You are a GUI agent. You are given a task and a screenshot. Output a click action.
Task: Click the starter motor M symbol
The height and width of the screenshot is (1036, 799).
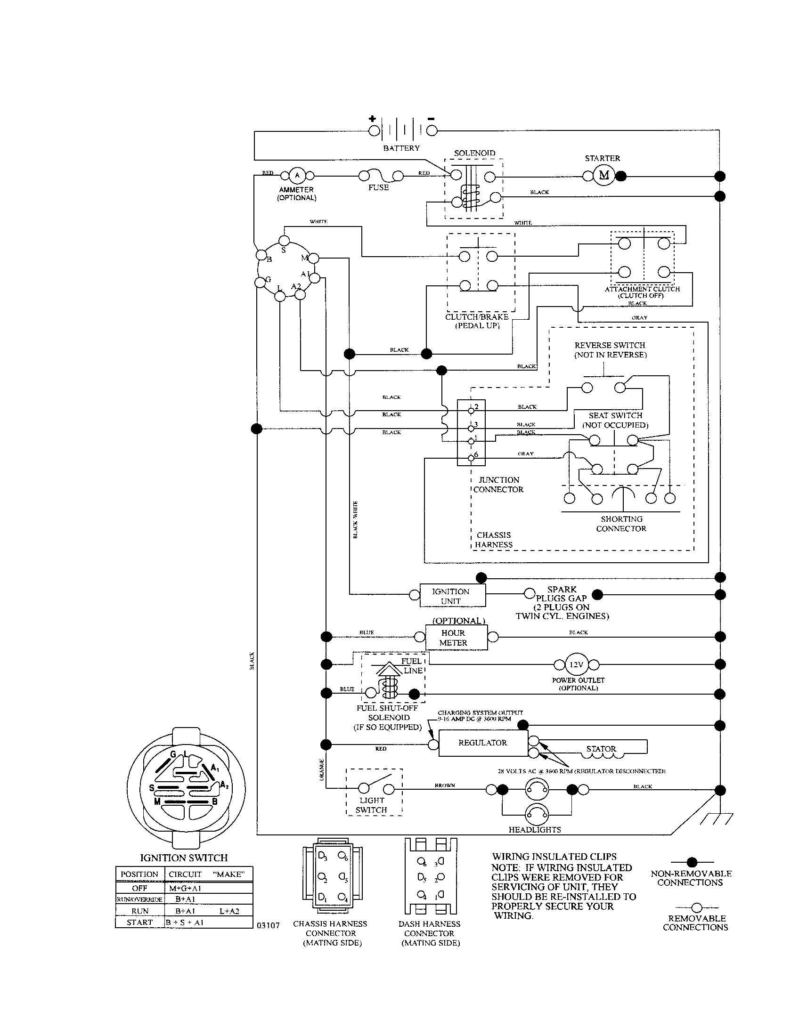coord(604,176)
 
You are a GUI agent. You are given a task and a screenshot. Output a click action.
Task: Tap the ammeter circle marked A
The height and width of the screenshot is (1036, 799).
coord(297,176)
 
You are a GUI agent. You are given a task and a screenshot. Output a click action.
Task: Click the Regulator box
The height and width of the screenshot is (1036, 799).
coord(482,742)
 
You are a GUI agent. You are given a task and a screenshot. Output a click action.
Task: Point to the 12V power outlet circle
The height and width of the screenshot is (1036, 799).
coord(576,664)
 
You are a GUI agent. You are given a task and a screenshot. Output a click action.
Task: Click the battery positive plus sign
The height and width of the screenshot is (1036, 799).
coord(373,119)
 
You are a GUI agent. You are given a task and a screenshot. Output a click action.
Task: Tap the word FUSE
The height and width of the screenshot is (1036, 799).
coord(378,187)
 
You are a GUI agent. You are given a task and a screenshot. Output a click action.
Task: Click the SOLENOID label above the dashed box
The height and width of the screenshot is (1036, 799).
coord(474,153)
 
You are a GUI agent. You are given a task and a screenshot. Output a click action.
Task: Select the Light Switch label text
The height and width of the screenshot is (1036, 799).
coord(372,805)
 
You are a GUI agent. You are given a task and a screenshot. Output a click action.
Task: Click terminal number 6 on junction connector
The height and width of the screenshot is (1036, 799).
coord(471,457)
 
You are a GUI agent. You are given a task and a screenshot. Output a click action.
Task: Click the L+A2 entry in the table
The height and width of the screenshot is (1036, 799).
coord(229,911)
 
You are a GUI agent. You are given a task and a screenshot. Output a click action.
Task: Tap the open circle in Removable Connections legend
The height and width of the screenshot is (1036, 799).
coord(696,907)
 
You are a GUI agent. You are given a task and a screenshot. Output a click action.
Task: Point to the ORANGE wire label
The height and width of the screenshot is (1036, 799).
coord(321,769)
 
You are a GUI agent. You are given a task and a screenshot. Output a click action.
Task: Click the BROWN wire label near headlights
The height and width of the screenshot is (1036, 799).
coord(445,785)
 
